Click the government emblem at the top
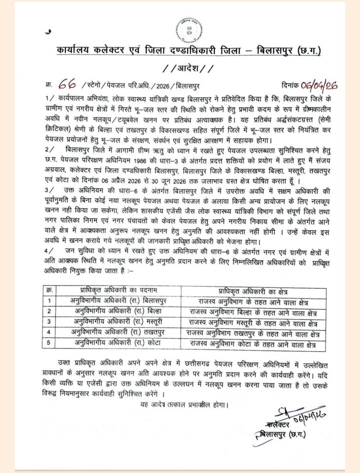pyautogui.click(x=187, y=29)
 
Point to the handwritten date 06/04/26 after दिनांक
pyautogui.click(x=319, y=85)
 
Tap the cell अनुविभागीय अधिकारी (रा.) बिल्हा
pyautogui.click(x=117, y=311)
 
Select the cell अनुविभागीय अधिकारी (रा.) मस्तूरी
pyautogui.click(x=117, y=322)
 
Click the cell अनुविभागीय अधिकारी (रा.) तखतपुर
pyautogui.click(x=117, y=333)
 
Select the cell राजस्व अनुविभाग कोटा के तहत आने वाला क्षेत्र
pyautogui.click(x=254, y=344)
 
